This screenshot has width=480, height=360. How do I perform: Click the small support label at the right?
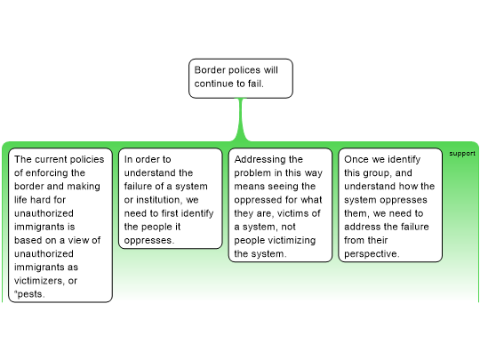[462, 154]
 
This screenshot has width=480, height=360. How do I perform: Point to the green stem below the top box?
[241, 119]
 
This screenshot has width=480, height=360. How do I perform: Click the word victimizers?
[39, 280]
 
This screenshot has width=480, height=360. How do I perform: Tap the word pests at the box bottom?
[30, 294]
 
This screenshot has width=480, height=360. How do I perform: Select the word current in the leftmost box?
[52, 159]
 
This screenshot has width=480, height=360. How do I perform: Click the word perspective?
[372, 254]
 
